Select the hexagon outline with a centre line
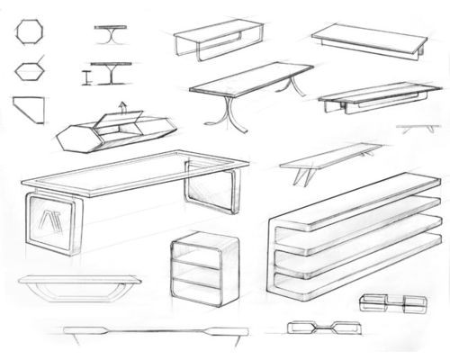[29, 69]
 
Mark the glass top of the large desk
[135, 175]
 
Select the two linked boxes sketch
[391, 301]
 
